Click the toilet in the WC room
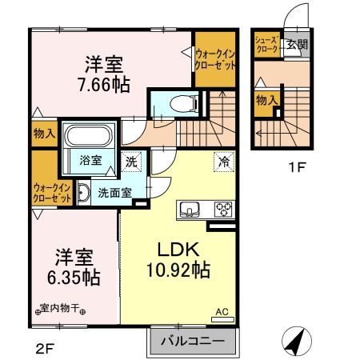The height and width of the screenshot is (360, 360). pos(184,104)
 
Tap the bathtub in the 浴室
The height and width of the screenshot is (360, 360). pos(88,135)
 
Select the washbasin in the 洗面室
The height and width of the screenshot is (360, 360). pos(84,192)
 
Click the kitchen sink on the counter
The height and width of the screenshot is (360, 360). pos(190,210)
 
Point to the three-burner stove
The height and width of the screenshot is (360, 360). pos(223,210)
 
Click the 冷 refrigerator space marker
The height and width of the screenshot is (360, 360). pos(224,162)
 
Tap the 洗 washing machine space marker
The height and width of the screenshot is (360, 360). pos(131,162)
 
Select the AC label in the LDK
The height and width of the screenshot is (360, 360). pos(222,312)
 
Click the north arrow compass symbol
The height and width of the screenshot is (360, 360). pos(297,342)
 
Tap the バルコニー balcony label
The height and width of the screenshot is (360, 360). pos(193,341)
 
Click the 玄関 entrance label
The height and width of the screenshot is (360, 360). pos(298,45)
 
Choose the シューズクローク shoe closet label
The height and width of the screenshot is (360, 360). pos(267,45)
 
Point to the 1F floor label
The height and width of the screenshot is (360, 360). pos(296,168)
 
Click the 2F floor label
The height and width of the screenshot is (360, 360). pos(45,348)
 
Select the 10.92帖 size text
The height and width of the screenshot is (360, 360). pos(178,270)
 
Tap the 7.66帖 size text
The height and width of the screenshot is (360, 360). pos(104,85)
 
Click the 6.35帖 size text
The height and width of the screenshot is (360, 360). pos(74,278)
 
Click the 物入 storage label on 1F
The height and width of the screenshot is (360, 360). pos(267,101)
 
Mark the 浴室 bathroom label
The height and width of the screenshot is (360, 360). pos(90,160)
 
